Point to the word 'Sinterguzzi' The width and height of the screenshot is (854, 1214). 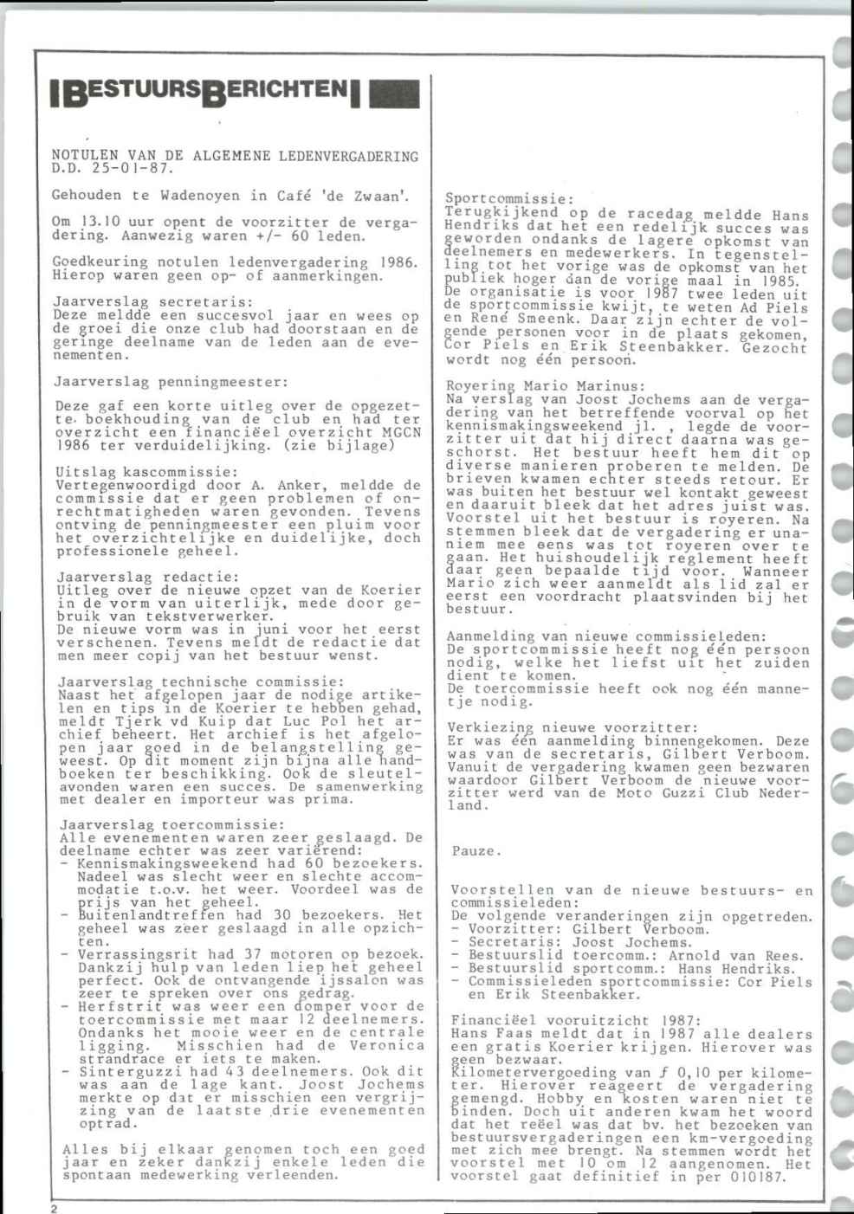point(121,1071)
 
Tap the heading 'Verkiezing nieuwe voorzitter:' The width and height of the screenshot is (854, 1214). point(573,727)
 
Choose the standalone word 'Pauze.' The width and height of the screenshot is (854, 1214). point(476,851)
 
